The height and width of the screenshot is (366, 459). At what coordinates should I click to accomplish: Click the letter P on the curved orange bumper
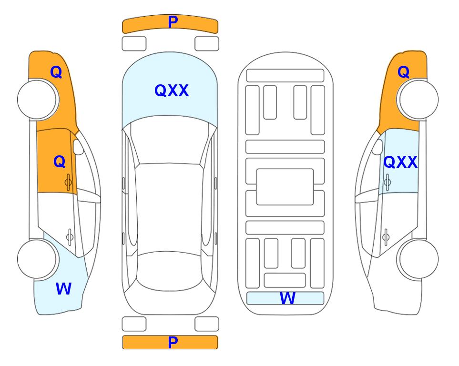[173, 22]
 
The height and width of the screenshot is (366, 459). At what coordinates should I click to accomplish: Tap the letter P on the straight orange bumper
[173, 342]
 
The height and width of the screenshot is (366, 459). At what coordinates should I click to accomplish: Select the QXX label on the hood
[172, 91]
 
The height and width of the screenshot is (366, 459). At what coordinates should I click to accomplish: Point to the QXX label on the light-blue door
[400, 162]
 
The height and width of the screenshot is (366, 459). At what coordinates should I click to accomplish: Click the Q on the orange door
[60, 162]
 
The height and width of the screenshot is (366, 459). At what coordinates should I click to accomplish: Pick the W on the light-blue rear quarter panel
[63, 289]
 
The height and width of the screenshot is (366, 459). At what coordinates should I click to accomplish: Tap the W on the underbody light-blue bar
[287, 298]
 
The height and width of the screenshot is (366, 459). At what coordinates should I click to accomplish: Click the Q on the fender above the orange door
[56, 72]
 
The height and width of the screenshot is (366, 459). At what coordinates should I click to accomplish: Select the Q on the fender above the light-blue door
[403, 72]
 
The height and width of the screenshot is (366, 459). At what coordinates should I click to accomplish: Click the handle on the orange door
[69, 183]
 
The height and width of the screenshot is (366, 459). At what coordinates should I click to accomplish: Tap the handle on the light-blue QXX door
[388, 183]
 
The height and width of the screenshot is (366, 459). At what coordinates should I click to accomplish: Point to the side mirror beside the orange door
[78, 147]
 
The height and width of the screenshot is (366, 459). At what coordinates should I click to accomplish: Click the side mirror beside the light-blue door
[377, 147]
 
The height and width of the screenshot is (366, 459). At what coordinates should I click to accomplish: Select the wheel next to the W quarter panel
[37, 259]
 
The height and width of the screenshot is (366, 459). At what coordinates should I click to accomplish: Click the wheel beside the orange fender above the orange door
[38, 100]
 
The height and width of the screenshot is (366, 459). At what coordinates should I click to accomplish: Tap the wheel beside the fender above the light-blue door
[418, 100]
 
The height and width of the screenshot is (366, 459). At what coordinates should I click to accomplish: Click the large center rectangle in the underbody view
[285, 187]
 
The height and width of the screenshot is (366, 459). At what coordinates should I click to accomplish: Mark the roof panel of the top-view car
[169, 208]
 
